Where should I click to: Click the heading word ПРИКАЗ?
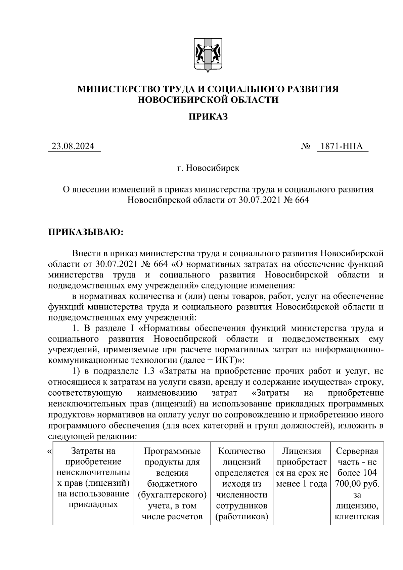(x=208, y=117)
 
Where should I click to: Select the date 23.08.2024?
(x=73, y=147)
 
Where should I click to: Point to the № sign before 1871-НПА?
(x=305, y=147)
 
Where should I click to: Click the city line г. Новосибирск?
(x=208, y=168)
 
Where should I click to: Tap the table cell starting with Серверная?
(x=357, y=484)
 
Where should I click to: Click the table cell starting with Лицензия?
(x=301, y=467)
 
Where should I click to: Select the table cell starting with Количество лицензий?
(x=241, y=484)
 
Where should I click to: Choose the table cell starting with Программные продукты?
(x=172, y=484)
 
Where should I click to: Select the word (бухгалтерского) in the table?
(x=172, y=495)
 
